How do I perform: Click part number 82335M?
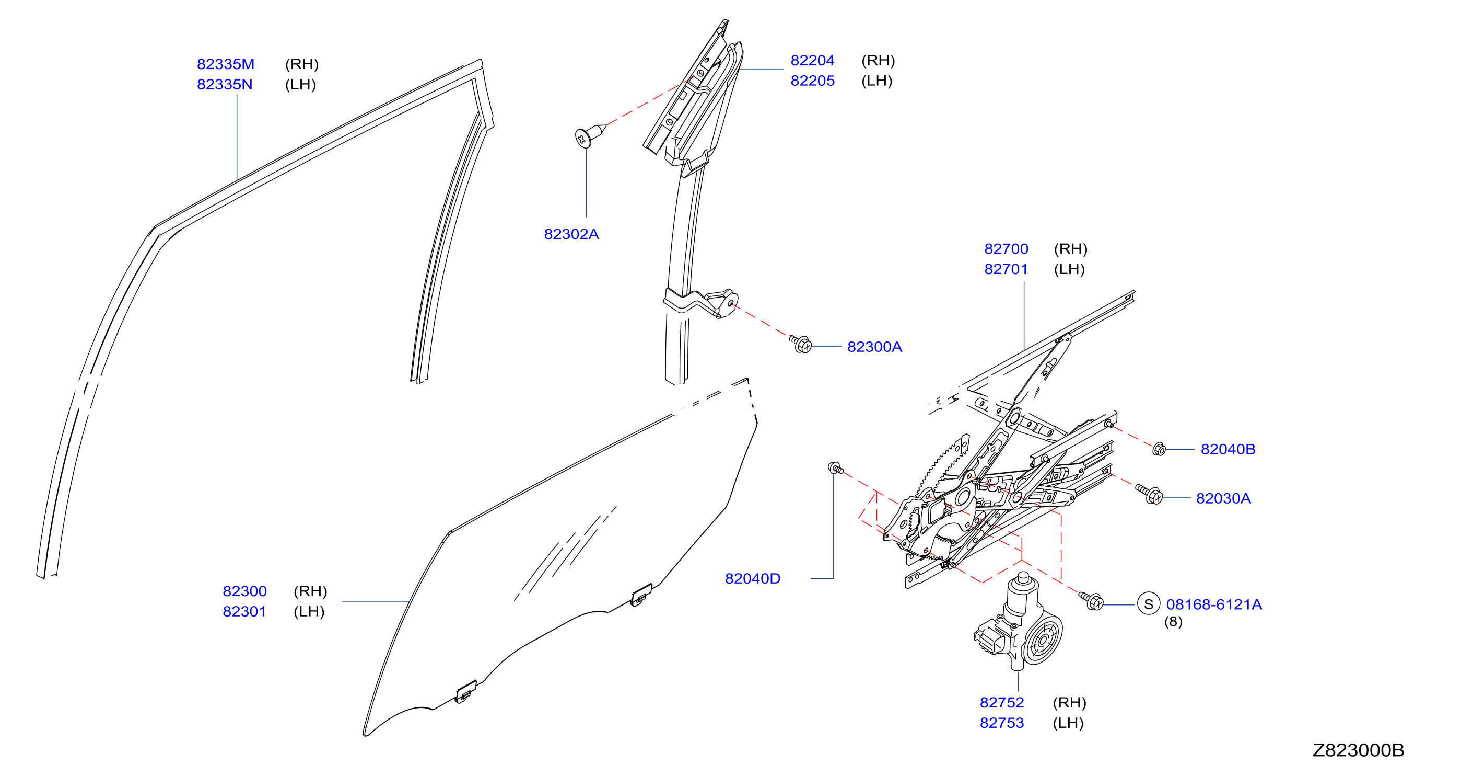click(226, 64)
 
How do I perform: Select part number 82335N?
click(225, 85)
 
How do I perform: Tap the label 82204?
click(812, 61)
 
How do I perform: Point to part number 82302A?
click(571, 234)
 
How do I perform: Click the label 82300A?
click(874, 347)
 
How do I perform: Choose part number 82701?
click(1006, 269)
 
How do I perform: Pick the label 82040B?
click(1228, 449)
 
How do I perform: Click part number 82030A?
click(1223, 498)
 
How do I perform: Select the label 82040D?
click(753, 578)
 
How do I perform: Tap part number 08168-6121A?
click(1214, 604)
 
